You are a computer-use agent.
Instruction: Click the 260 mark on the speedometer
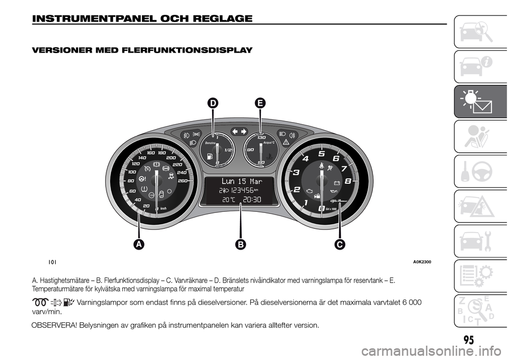[x=183, y=181]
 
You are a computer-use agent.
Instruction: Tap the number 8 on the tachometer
[x=348, y=181]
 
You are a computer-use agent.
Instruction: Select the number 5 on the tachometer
[x=321, y=154]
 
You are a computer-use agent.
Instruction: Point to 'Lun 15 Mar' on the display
[x=239, y=182]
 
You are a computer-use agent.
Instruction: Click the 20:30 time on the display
[x=251, y=200]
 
